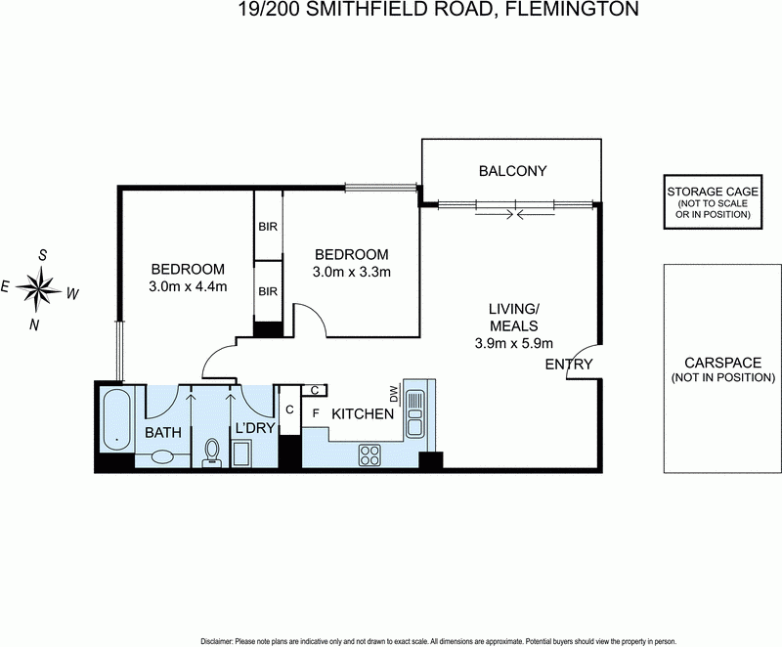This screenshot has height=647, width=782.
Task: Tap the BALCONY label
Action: click(x=512, y=171)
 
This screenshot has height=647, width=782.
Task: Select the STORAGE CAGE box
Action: click(x=714, y=204)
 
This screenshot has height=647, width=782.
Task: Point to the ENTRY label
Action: click(x=569, y=364)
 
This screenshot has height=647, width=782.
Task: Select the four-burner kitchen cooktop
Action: click(x=371, y=453)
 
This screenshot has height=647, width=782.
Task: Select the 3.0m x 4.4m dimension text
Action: click(x=188, y=286)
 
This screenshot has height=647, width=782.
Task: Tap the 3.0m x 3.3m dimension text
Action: click(x=351, y=271)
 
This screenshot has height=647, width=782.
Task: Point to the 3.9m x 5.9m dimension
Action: click(x=514, y=342)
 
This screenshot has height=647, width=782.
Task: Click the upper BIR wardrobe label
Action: click(x=268, y=227)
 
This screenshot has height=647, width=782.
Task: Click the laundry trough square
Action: click(x=240, y=453)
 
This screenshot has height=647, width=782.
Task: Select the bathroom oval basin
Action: click(x=163, y=454)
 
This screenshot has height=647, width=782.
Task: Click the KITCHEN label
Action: click(x=362, y=414)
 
